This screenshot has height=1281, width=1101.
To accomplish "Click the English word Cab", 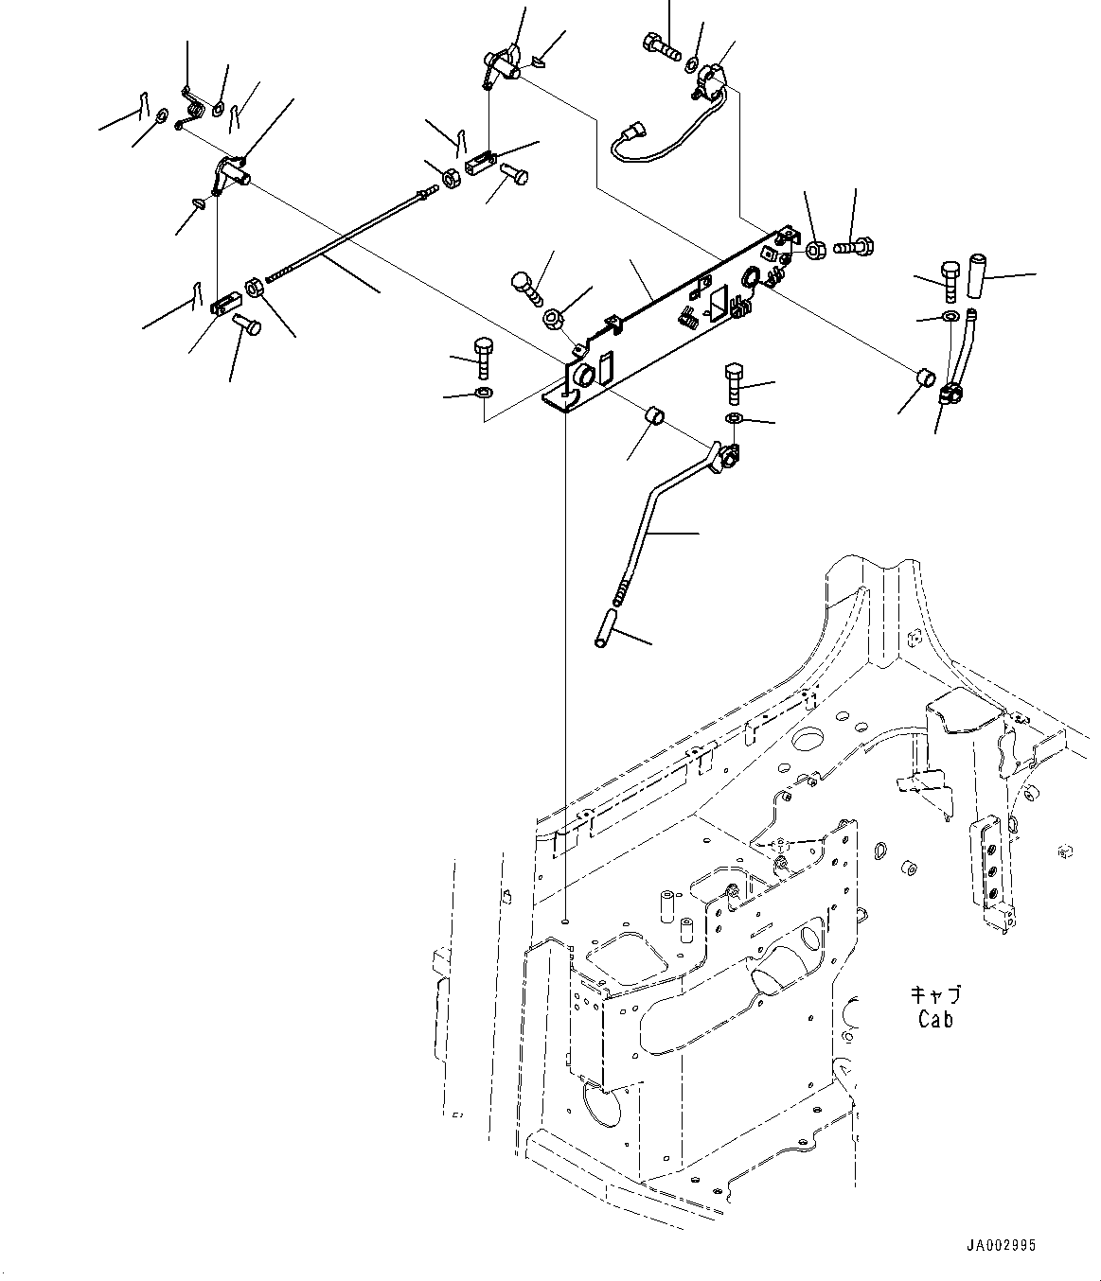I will (935, 1019).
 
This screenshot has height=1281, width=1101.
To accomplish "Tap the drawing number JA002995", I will (1002, 1246).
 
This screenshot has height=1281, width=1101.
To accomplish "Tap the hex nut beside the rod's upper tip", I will (451, 176).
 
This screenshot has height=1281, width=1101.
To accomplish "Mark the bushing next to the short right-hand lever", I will (928, 377).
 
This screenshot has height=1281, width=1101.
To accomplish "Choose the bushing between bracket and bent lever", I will (652, 417).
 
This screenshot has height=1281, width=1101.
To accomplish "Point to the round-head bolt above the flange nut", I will (523, 285).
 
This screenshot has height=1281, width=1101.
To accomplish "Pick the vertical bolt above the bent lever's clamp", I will (736, 381).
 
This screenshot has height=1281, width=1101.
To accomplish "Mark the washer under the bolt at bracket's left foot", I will (483, 392).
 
